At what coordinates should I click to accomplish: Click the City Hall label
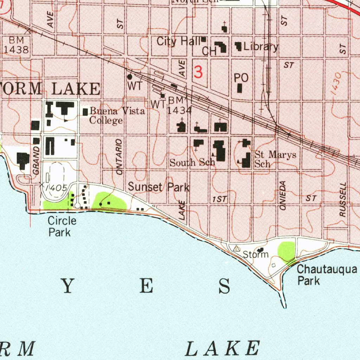click(178, 41)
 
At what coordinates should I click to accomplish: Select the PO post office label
click(241, 78)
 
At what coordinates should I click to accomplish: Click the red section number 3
click(198, 72)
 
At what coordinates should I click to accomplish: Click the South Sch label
click(192, 162)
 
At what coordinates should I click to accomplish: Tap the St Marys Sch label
click(275, 159)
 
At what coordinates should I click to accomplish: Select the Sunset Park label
click(159, 187)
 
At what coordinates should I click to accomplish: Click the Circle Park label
click(62, 226)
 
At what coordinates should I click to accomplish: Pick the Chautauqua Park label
click(327, 275)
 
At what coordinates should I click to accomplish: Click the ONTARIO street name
click(120, 157)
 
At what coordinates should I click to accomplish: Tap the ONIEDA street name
click(283, 196)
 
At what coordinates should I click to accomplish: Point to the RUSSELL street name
click(343, 199)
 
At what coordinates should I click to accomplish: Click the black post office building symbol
click(240, 88)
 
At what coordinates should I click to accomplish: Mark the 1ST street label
click(220, 199)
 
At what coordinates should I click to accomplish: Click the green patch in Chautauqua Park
click(286, 251)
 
